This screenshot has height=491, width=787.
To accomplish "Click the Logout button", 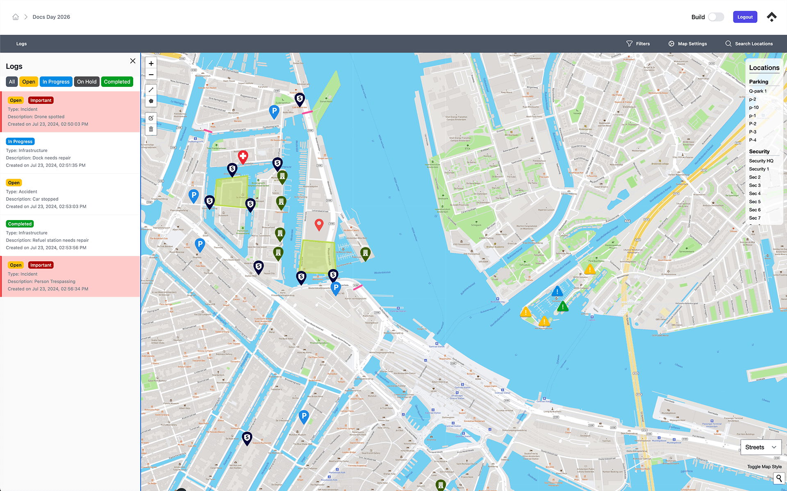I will (745, 17).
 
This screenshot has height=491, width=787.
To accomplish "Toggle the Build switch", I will (716, 17).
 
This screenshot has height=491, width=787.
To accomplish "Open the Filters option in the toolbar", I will (638, 43).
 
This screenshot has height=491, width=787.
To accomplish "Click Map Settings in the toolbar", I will (687, 43).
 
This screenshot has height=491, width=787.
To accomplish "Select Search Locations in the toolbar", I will (749, 43).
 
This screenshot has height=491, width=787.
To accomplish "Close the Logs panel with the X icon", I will (133, 61).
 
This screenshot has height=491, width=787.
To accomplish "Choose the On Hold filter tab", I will (86, 82).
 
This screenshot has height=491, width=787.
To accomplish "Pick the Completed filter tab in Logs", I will (117, 82).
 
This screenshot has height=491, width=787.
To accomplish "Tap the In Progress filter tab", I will (56, 82).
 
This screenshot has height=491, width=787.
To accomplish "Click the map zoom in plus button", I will (151, 64).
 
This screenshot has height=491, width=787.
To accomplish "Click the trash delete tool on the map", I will (151, 129).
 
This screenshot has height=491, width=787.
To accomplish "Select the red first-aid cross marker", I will (243, 156).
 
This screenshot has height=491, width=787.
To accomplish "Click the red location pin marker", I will (319, 224).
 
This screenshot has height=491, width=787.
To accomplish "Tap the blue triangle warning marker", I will (557, 292).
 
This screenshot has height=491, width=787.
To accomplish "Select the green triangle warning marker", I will (563, 306).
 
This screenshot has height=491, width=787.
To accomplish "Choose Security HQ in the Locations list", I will (761, 161).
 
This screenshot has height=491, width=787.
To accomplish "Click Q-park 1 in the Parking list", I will (757, 91).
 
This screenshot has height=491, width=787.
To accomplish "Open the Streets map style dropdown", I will (760, 447).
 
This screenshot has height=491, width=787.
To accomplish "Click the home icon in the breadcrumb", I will (16, 17).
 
